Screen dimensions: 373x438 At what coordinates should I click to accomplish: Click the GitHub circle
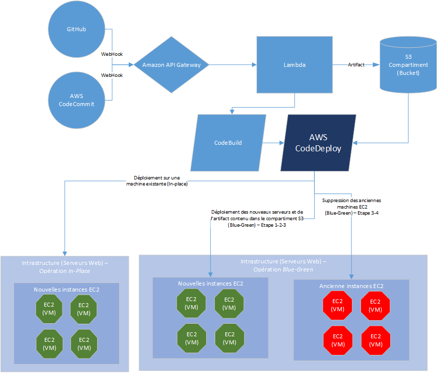(x=76, y=29)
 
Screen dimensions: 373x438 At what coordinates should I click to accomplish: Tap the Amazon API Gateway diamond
(x=171, y=65)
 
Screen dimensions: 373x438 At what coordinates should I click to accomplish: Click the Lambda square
(x=294, y=65)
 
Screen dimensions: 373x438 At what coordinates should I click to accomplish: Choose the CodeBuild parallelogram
(x=228, y=143)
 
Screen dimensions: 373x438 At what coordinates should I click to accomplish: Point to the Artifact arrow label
(x=356, y=65)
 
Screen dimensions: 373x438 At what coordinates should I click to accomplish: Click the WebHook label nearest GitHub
(x=112, y=54)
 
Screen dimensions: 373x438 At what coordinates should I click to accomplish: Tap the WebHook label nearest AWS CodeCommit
(x=112, y=75)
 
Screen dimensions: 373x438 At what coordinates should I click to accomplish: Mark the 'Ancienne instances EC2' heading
(x=351, y=286)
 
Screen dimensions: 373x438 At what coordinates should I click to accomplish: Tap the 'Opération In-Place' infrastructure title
(x=64, y=267)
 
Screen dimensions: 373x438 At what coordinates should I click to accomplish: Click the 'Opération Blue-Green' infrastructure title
(x=283, y=265)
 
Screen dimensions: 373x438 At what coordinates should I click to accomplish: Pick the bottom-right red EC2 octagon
(x=375, y=340)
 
